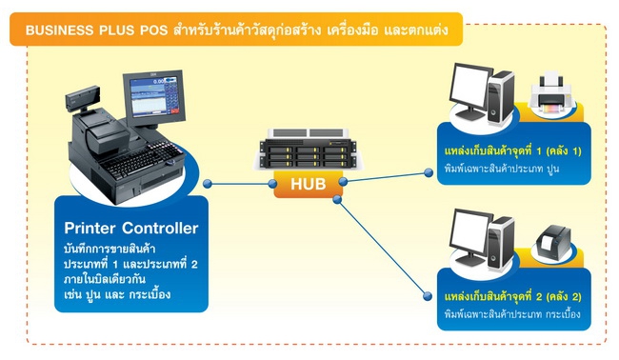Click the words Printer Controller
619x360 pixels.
(131, 228)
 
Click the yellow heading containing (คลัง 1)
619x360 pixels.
(513, 152)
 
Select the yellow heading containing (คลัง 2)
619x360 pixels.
(513, 298)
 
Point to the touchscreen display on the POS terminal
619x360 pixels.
(154, 94)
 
